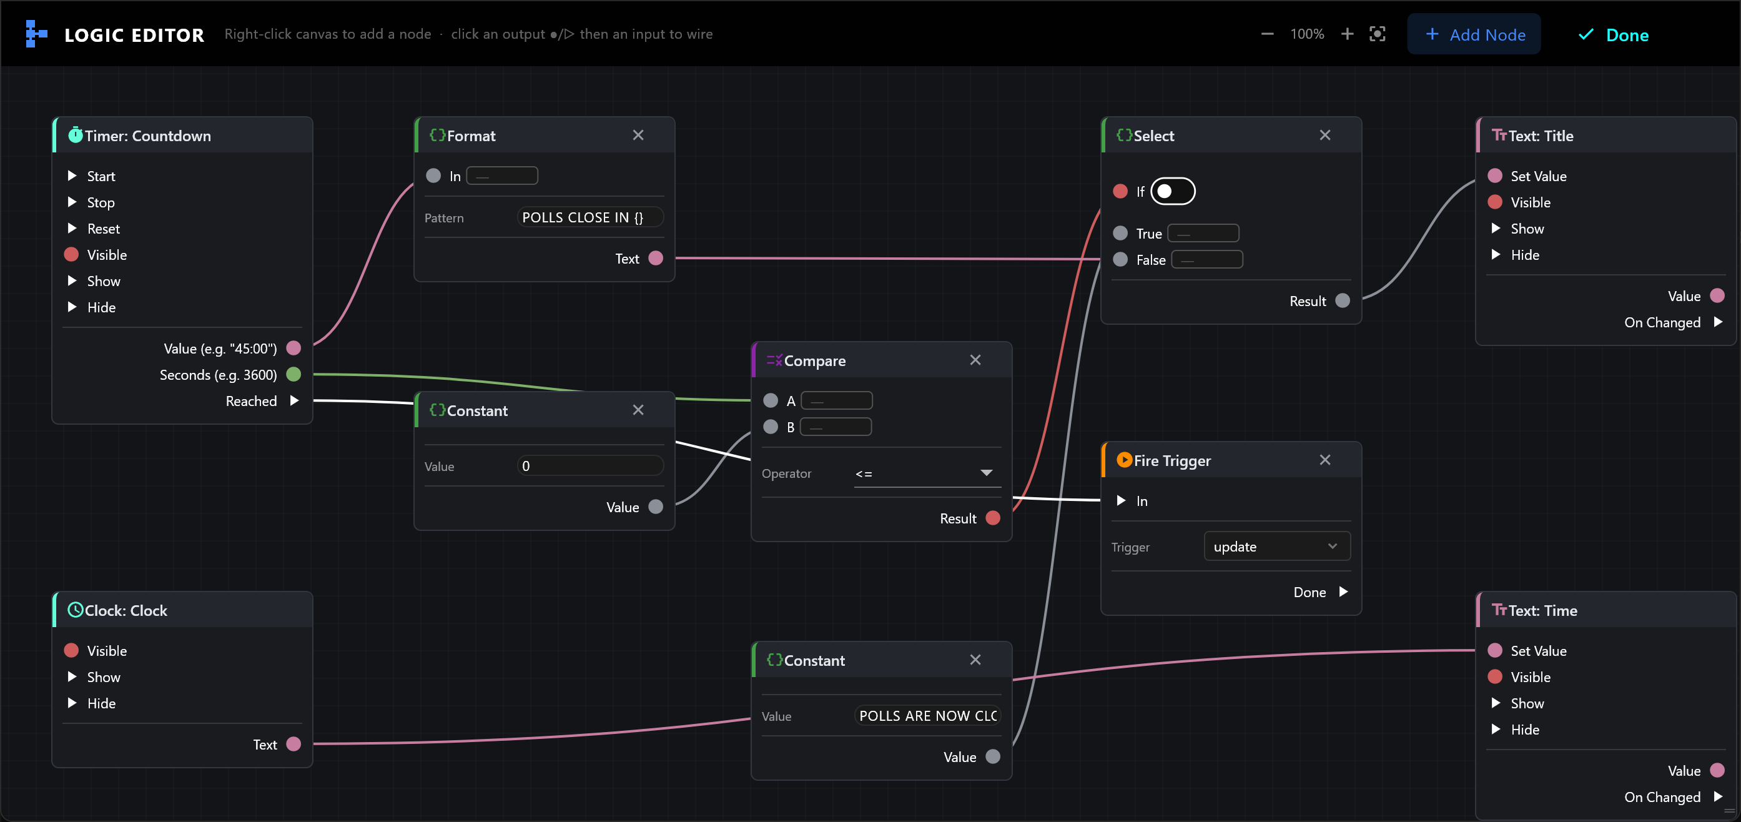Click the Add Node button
click(x=1473, y=34)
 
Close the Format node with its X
click(x=638, y=135)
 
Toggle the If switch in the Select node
click(x=1173, y=191)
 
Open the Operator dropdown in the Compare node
click(x=927, y=473)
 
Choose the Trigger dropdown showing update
click(x=1276, y=546)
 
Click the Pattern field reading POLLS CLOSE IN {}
click(x=590, y=217)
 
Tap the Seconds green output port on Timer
click(x=293, y=375)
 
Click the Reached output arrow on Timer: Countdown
click(x=294, y=401)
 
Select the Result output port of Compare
click(x=993, y=518)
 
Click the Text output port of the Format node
click(x=656, y=258)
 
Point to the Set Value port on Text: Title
click(x=1495, y=176)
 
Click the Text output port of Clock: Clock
click(x=293, y=745)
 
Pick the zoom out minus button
click(x=1267, y=34)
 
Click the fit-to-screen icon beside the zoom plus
click(x=1378, y=34)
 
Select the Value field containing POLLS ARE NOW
click(x=927, y=716)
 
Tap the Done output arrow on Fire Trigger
click(x=1344, y=592)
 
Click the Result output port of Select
click(x=1343, y=301)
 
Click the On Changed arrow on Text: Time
click(x=1718, y=797)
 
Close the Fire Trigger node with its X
click(x=1324, y=460)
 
